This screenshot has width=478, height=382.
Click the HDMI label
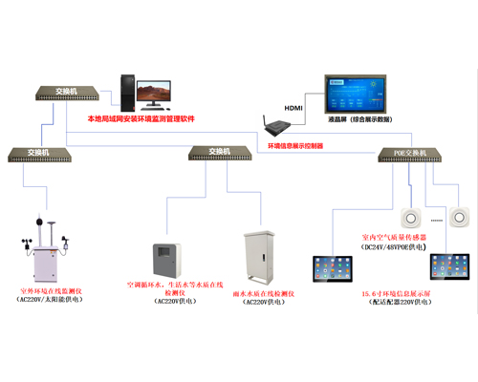click(x=292, y=108)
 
